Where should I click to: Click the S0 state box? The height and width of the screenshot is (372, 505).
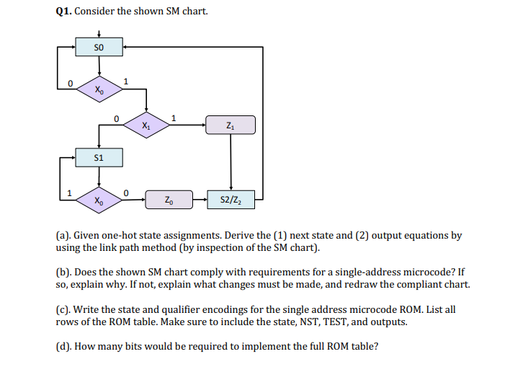99,48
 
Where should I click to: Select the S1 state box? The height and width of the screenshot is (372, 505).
99,156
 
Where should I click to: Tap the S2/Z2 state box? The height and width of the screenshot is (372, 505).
231,199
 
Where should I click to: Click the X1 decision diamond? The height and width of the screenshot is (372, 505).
146,125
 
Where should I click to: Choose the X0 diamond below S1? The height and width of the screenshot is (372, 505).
99,199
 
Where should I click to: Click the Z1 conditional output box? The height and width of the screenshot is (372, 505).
231,125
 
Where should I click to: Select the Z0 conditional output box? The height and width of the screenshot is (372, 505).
168,199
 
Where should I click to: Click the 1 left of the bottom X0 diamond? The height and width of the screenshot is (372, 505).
69,192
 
